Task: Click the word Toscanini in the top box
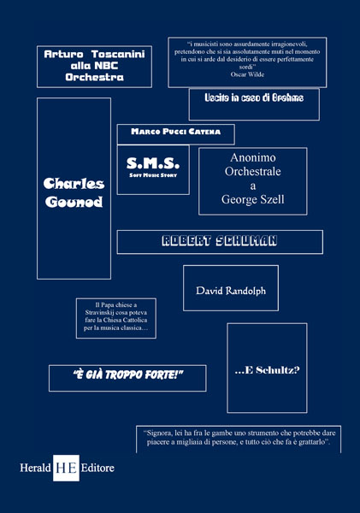118,54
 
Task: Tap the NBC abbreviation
103,66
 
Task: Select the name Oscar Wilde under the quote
247,74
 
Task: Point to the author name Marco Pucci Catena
176,132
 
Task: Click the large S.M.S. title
153,163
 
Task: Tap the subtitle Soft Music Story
153,175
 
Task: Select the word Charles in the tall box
74,184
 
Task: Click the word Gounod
74,202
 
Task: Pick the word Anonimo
252,157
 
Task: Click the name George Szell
252,199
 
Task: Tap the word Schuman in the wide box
246,241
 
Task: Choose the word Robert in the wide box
186,241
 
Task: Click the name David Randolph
231,291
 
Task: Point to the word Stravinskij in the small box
99,312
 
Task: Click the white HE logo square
66,468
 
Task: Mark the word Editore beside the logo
97,468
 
